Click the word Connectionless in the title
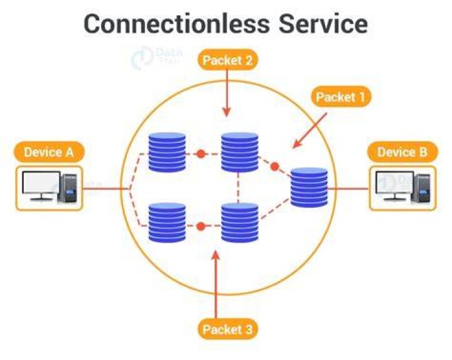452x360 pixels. pos(176,24)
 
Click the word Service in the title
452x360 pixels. pos(323,24)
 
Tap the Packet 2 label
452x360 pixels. pos(228,60)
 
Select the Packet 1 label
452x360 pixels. pos(341,97)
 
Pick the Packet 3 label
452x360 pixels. pos(228,329)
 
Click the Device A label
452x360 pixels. pos(49,152)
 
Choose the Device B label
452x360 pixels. pos(402,152)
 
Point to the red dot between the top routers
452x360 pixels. pos(201,154)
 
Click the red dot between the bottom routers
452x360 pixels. pos(201,226)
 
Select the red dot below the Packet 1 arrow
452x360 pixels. pos(275,166)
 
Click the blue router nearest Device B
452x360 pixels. pos(309,188)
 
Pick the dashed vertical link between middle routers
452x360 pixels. pos(239,188)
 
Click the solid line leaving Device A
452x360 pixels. pos(106,189)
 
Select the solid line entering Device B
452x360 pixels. pos(348,189)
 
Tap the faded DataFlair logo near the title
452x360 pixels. pos(156,57)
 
